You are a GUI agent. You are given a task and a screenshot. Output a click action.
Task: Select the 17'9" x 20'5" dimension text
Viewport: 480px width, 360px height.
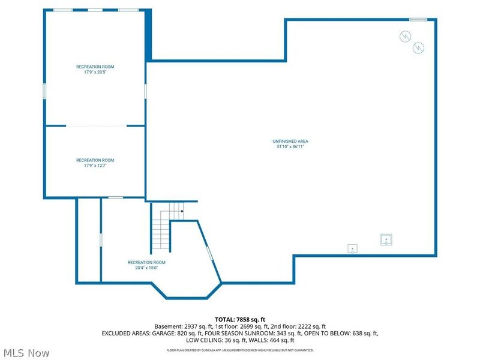[95, 71]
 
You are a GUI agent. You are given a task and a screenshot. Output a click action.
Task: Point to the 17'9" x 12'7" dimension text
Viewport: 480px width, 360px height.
[95, 165]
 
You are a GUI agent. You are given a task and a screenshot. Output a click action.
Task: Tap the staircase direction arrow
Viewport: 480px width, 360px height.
[181, 211]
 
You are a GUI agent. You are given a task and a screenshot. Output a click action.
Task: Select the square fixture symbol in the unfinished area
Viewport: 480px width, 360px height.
[386, 239]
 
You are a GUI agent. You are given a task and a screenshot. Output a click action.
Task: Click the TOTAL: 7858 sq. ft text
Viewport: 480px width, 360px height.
[239, 319]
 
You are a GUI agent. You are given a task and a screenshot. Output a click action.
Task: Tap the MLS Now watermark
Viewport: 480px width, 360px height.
[26, 353]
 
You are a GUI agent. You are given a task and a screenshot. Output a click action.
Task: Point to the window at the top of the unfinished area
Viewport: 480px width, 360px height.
[418, 19]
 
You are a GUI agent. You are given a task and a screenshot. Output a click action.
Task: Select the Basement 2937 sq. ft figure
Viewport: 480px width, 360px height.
[181, 326]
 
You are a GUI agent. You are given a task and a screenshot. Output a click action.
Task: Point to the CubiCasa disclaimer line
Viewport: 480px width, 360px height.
[239, 350]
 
